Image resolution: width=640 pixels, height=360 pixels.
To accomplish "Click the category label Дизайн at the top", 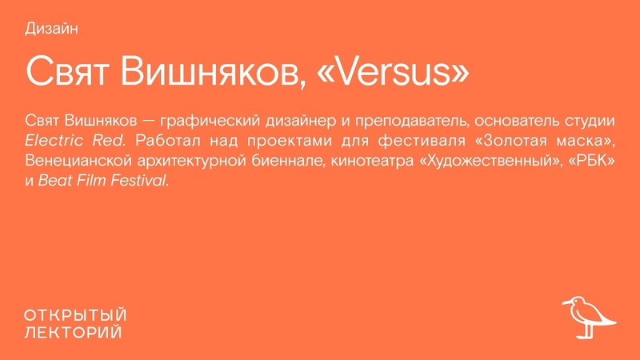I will [x=51, y=30].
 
